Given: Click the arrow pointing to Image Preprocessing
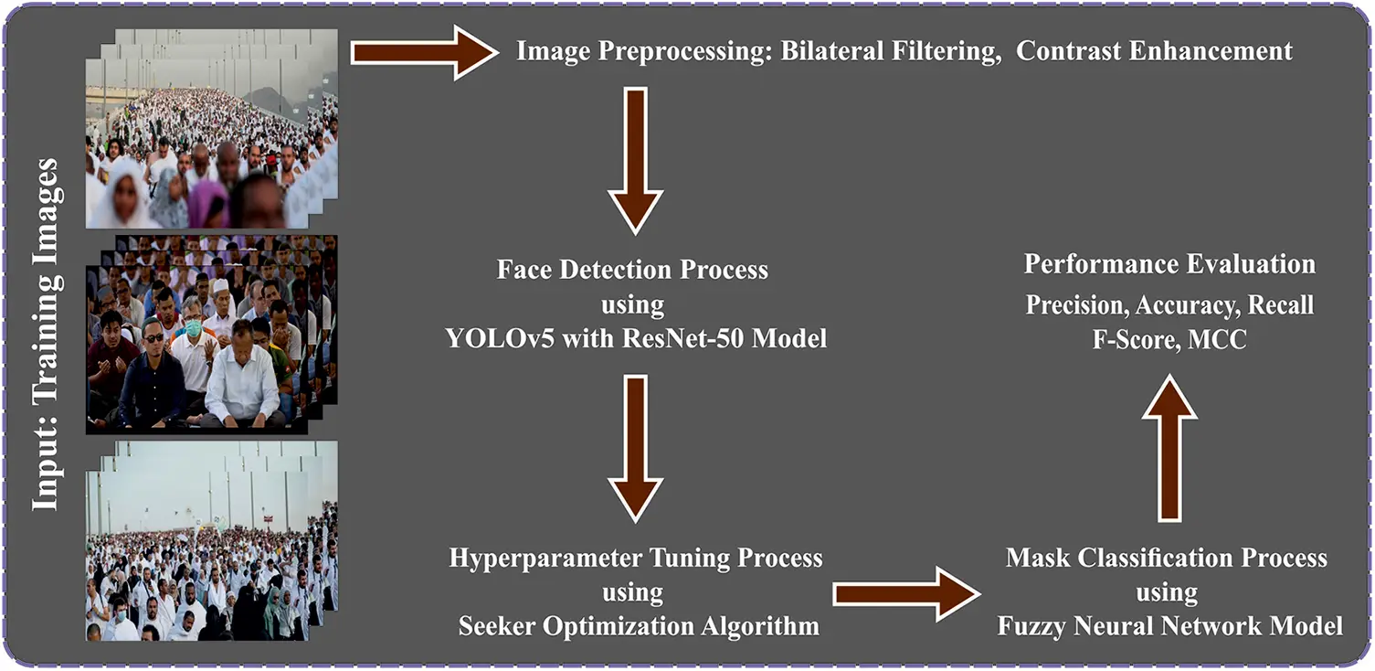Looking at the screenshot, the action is coord(424,53).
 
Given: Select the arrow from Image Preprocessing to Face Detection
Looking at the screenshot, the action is coord(635,161).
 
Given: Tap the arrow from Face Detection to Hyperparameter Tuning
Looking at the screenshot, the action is coord(635,449).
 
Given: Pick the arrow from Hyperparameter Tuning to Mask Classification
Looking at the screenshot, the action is coord(906,594).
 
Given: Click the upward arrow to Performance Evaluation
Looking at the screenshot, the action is coord(1169,449).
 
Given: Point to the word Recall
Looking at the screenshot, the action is coord(1281,305).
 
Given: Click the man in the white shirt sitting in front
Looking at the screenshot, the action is coord(243,375).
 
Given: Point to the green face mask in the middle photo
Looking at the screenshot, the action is coord(194,327).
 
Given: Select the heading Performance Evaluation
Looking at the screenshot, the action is coord(1169,264).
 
